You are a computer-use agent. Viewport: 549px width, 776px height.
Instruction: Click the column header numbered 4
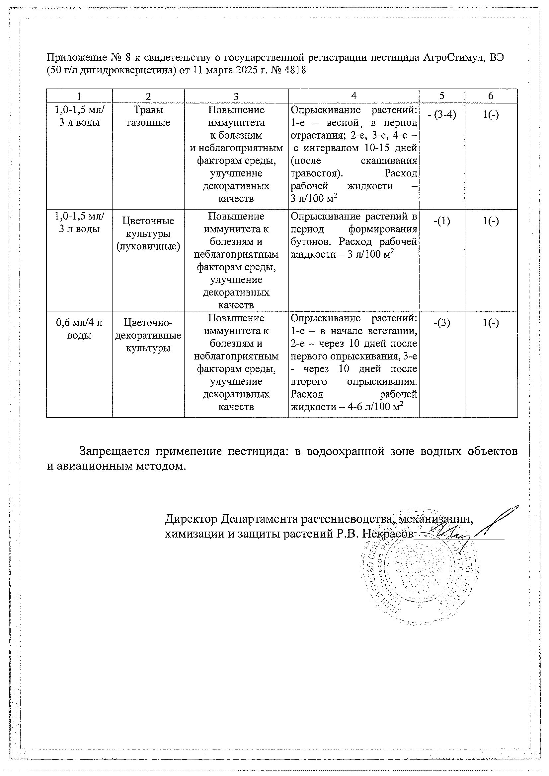click(353, 96)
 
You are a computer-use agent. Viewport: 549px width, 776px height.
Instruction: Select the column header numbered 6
click(491, 96)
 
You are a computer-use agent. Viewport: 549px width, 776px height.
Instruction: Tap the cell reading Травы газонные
click(148, 116)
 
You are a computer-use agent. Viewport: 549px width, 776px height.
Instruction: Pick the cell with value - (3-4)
click(441, 115)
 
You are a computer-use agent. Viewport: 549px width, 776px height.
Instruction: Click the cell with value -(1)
click(441, 221)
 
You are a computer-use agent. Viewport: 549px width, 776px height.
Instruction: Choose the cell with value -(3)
click(441, 323)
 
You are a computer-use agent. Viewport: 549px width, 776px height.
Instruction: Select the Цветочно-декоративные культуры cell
click(148, 335)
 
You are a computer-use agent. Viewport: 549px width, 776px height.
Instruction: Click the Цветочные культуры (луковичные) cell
click(148, 233)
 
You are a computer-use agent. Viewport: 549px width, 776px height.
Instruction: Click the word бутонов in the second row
click(311, 242)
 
